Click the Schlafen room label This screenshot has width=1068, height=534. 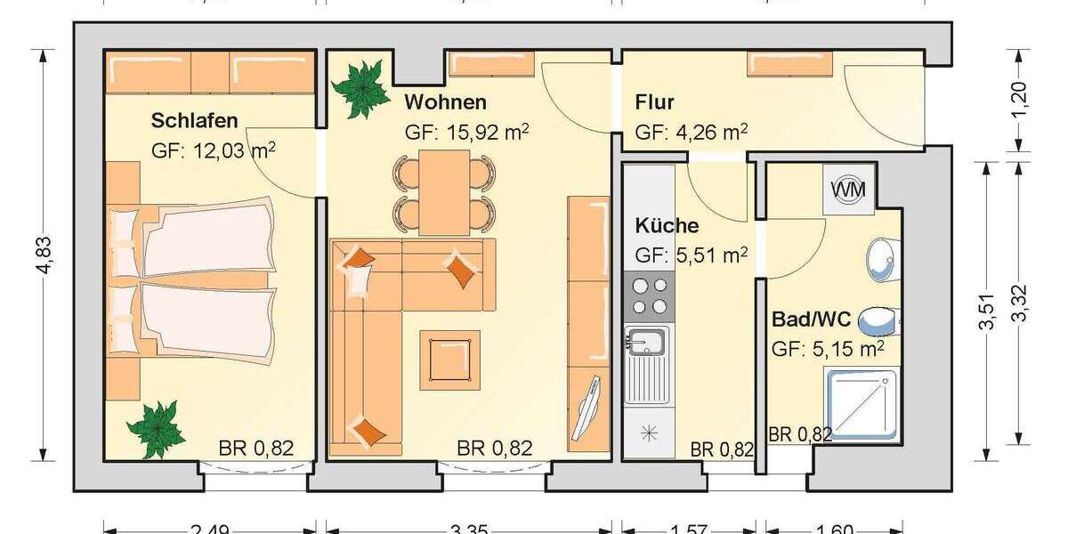pos(194,120)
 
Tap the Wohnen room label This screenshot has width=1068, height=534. pos(445,101)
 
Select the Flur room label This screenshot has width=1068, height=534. pos(654,102)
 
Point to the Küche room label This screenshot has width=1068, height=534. pos(667,225)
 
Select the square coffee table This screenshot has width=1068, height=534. pos(449,360)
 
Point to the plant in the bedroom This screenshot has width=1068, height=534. pos(153,428)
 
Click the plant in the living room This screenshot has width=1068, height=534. pos(360,87)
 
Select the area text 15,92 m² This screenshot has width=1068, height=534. pos(467,132)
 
